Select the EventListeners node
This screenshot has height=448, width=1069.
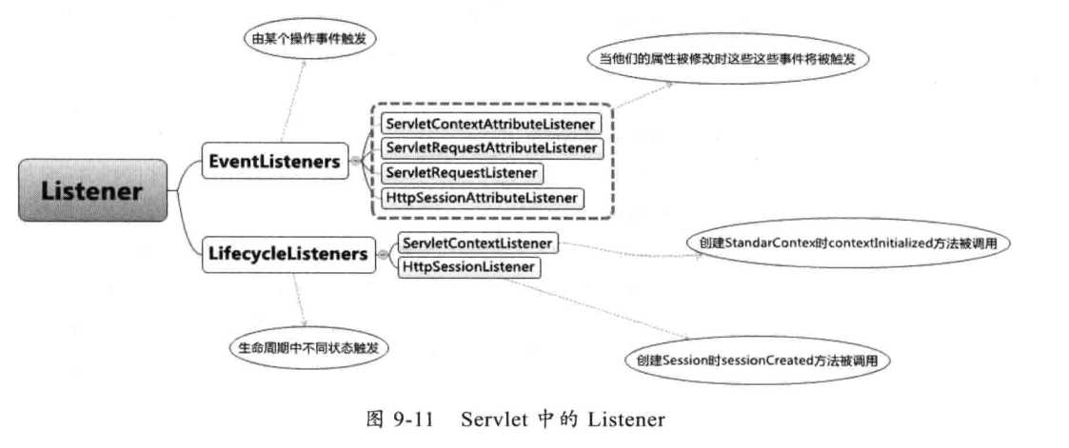coord(274,162)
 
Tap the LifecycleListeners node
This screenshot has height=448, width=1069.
coord(287,254)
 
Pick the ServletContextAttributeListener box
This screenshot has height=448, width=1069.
coord(489,124)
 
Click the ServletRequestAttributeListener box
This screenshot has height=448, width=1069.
coord(491,148)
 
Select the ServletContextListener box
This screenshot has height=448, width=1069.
coord(476,243)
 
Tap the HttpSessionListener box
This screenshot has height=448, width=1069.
coord(468,267)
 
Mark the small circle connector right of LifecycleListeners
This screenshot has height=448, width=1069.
coord(383,255)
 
